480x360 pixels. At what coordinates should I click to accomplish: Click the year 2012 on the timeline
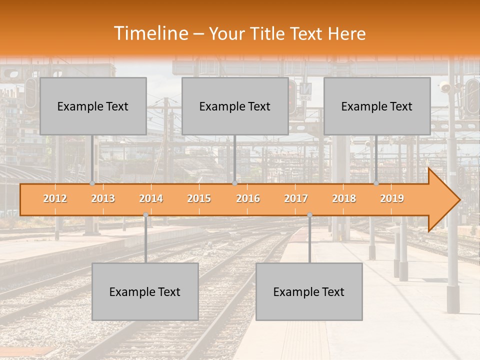coord(55,198)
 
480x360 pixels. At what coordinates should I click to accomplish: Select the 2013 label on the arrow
coord(103,198)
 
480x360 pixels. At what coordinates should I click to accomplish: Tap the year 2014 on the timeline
coord(151,198)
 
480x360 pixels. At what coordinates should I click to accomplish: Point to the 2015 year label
coord(199,198)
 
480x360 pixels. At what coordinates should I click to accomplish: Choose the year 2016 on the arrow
coord(248,198)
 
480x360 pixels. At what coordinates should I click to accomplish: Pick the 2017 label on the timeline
coord(296,198)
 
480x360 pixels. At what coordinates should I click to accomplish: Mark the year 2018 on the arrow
coord(344,198)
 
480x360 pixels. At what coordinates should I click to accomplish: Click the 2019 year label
coord(392,198)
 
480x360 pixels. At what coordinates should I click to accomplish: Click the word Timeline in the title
coord(150,33)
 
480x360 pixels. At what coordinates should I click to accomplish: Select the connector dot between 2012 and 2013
coord(92,183)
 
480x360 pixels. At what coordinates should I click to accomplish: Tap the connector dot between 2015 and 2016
coord(234,183)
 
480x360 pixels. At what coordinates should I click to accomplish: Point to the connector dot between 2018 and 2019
coord(376,183)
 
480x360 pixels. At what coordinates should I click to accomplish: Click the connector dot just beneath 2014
coord(145,215)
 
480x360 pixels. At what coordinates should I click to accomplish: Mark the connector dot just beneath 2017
coord(309,215)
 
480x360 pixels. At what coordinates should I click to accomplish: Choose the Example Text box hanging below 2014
coord(145,291)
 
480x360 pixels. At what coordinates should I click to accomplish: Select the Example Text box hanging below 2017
coord(309,291)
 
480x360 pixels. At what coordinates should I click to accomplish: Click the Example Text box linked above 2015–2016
coord(235,106)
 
